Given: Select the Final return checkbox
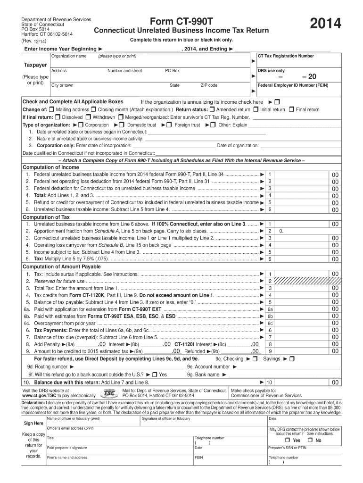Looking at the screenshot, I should pos(291,109).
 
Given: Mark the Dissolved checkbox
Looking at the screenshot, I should pos(58,117).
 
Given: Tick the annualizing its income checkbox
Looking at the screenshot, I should pos(277,102).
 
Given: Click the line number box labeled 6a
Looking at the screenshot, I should pos(270,309).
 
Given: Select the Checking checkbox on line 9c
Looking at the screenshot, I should pos(255,359).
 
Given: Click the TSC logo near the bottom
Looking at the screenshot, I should pos(109,393).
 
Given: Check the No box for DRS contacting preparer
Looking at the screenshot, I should pos(311,441).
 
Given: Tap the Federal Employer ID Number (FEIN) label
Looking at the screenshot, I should pos(292,85).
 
